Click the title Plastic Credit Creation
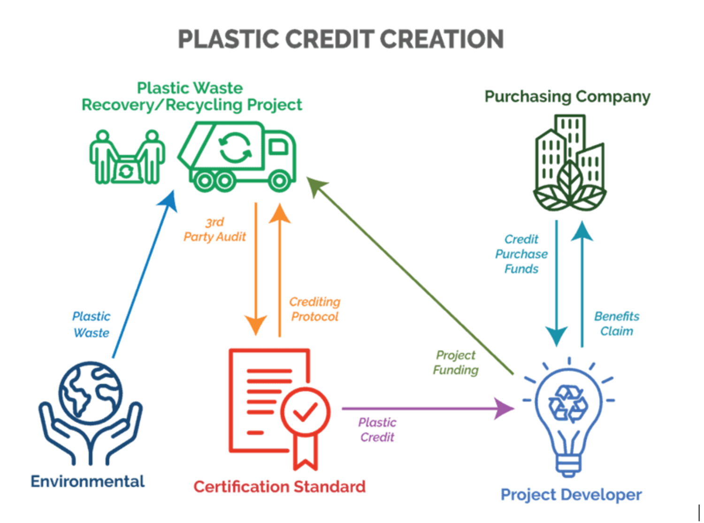point(341,39)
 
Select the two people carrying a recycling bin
point(127,158)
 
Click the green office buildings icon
point(569,162)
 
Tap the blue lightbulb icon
point(569,415)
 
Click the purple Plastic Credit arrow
point(422,408)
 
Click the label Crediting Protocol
point(314,309)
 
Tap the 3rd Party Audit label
point(214,230)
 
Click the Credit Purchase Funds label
point(521,254)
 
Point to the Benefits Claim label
point(617,323)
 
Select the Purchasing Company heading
point(567,96)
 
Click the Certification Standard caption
point(279,486)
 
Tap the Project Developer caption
point(571,494)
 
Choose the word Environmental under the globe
point(88,481)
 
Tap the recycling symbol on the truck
point(235,147)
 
